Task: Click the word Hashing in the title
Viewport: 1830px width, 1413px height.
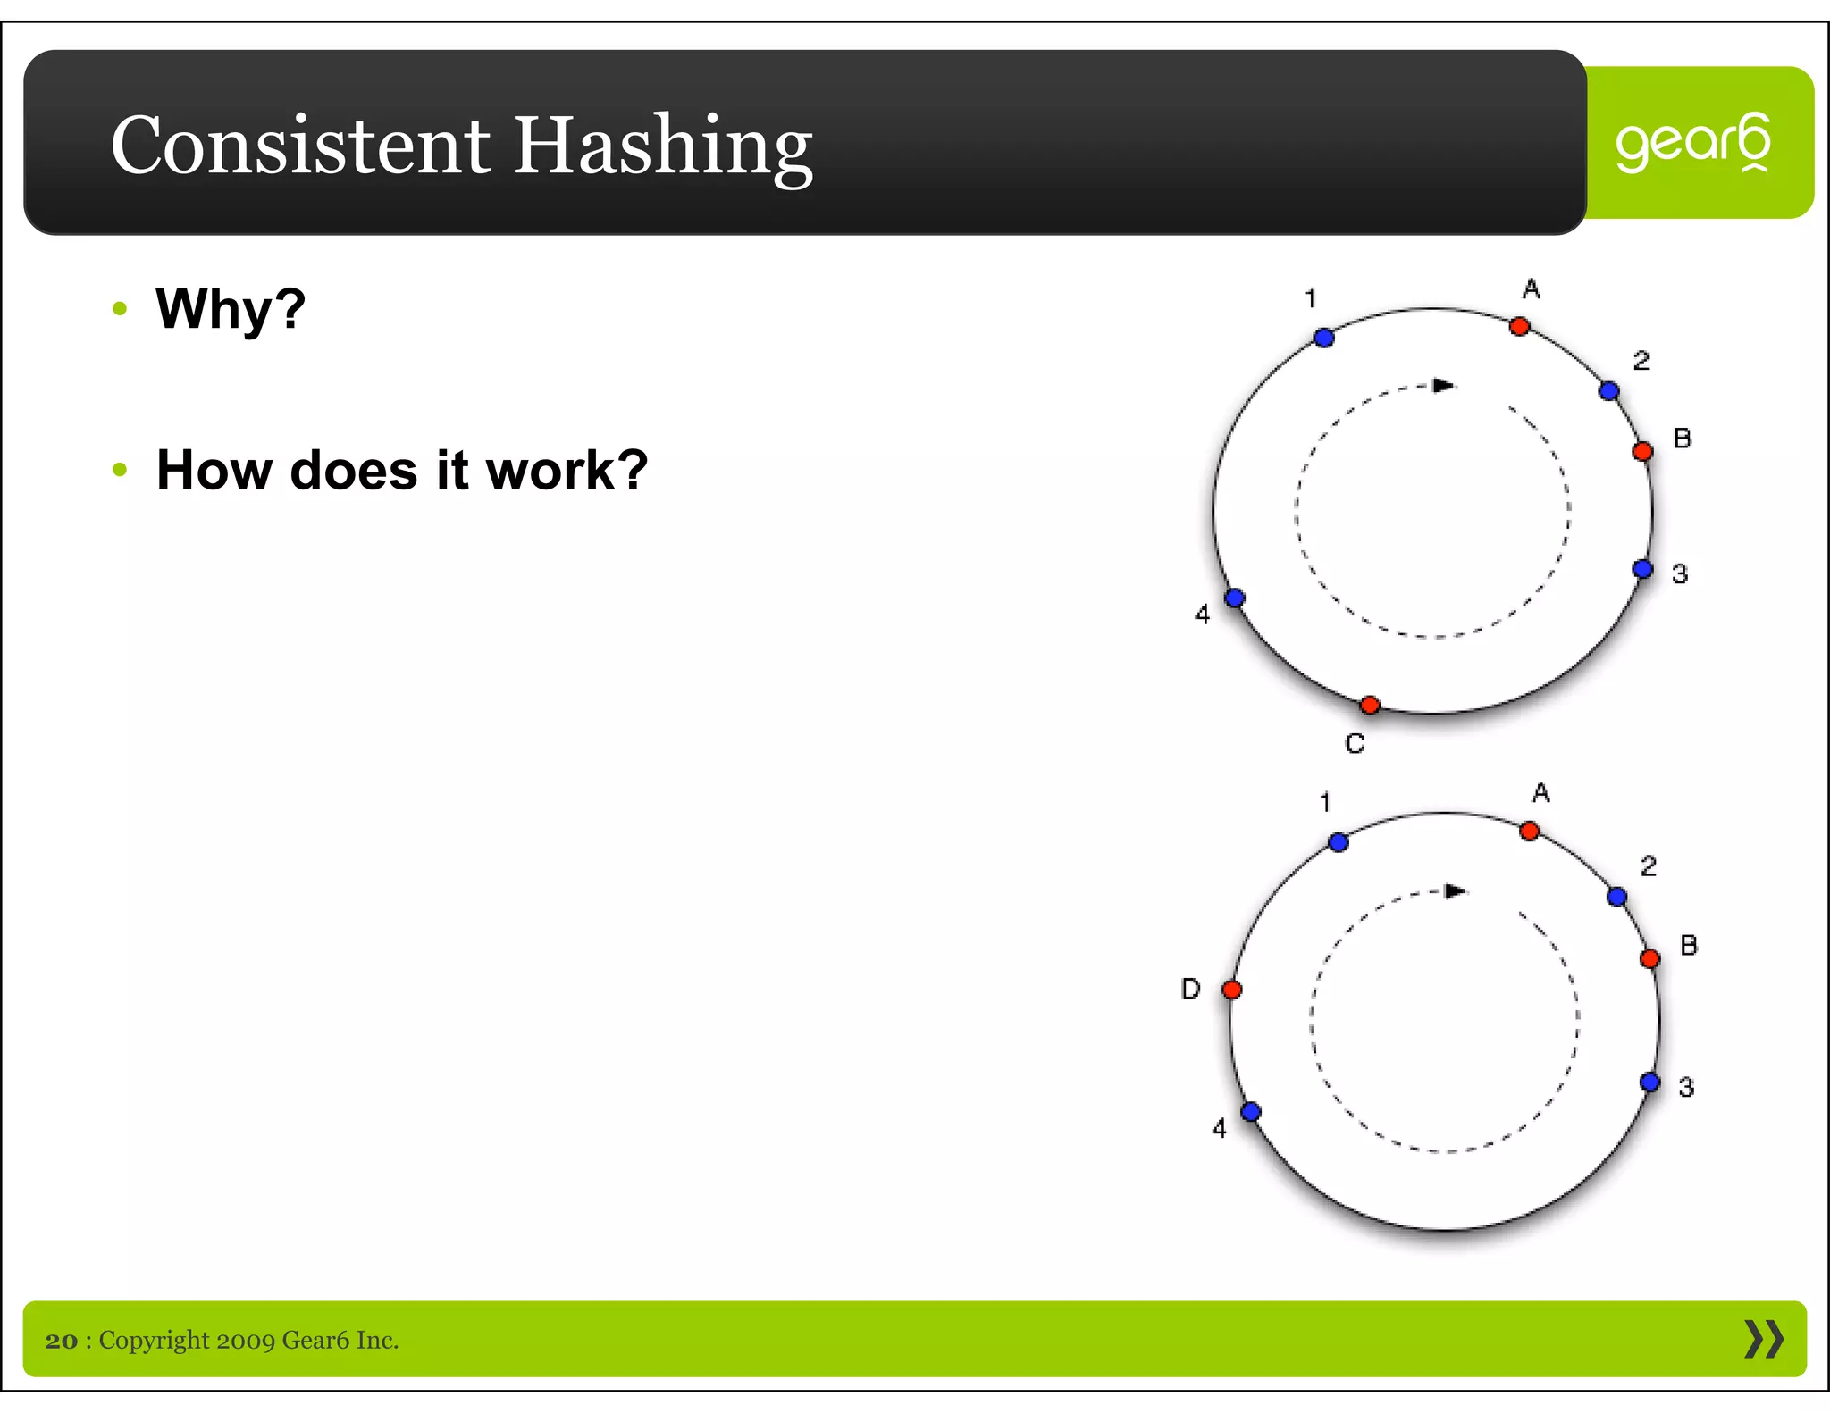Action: tap(662, 146)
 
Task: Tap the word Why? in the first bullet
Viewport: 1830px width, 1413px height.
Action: tap(231, 309)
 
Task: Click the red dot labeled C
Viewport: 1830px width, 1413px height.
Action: tap(1370, 706)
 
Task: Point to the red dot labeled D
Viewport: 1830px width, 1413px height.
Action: tap(1232, 990)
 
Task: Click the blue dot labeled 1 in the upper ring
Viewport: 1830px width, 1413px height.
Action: tap(1324, 338)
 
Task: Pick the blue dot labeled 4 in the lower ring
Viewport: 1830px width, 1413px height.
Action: tap(1251, 1112)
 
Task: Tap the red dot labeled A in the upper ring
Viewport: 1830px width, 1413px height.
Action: tap(1519, 327)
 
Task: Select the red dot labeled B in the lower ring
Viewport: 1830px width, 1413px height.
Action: tap(1650, 959)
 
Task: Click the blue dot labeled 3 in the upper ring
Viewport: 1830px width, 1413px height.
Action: tap(1642, 569)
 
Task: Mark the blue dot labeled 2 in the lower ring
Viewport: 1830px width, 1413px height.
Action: tap(1616, 897)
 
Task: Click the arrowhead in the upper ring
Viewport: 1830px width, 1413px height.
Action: tap(1443, 386)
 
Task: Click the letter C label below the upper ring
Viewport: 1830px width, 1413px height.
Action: tap(1355, 744)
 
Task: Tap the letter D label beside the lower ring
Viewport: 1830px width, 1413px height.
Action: tap(1190, 990)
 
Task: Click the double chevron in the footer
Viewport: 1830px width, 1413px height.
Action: tap(1763, 1339)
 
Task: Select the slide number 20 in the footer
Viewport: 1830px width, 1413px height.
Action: tap(62, 1341)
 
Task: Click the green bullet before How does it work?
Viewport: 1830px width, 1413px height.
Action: tap(121, 470)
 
